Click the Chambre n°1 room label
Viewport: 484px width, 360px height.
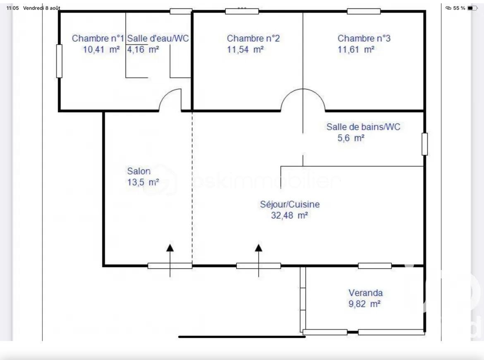[x=98, y=38]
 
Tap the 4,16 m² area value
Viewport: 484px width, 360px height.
[x=143, y=49]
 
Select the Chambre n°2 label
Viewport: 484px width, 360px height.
[x=253, y=38]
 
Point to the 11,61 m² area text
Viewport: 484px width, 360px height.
[x=356, y=49]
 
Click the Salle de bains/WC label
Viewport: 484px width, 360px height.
[x=363, y=127]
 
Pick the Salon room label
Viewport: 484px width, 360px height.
[x=139, y=171]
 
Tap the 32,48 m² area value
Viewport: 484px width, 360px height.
[x=289, y=215]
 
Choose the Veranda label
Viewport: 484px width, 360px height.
[x=365, y=293]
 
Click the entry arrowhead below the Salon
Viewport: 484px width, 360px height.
[x=170, y=248]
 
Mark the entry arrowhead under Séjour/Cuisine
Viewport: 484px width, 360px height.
[x=259, y=248]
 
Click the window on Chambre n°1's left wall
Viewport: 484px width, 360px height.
[x=59, y=61]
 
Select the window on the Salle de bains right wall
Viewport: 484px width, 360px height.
[x=425, y=144]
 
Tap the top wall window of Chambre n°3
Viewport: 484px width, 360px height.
[x=364, y=12]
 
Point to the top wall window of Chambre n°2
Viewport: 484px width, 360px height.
[x=242, y=12]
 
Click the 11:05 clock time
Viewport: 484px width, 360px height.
[x=13, y=8]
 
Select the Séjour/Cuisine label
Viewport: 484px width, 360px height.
[x=290, y=204]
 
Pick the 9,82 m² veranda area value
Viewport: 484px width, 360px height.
[x=364, y=304]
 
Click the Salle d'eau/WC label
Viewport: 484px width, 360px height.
[x=158, y=38]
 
